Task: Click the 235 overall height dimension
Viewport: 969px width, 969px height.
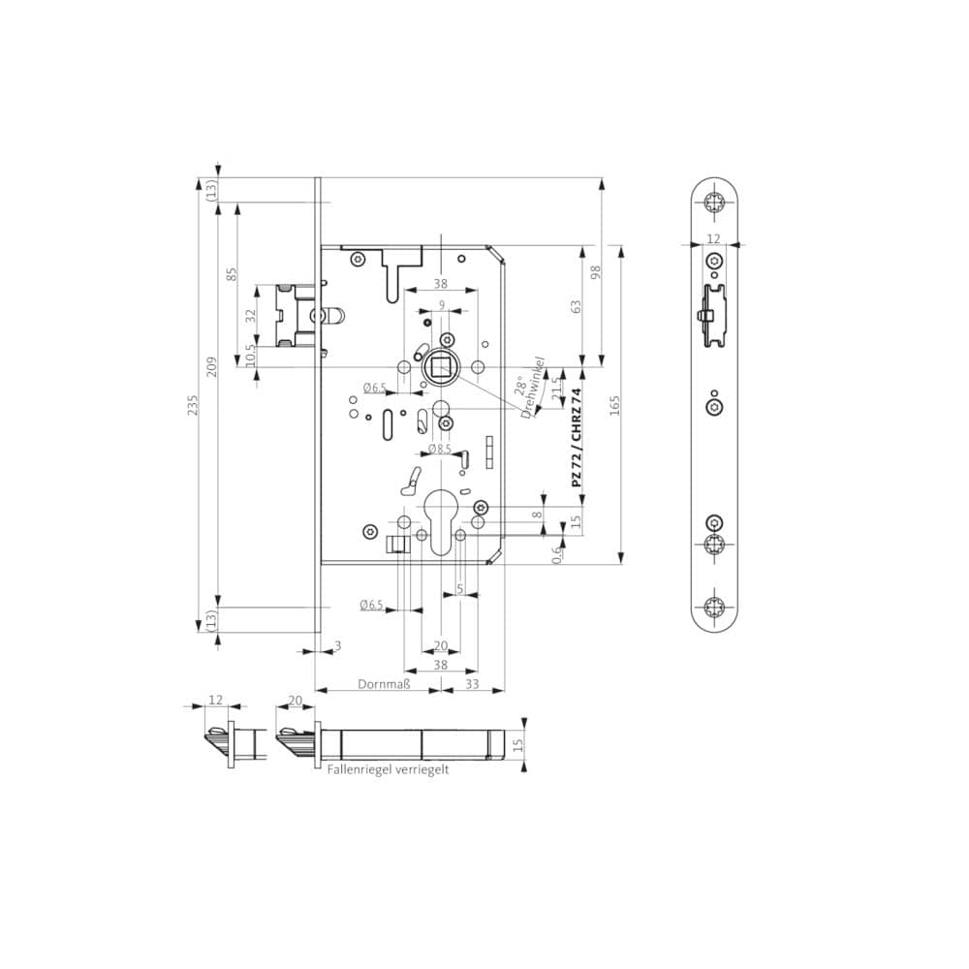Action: point(193,405)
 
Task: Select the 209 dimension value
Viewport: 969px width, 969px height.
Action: point(212,366)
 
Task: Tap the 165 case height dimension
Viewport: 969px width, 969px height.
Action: point(614,405)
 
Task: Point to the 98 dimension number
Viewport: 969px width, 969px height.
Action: point(596,272)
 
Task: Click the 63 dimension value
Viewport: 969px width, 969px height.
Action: point(576,307)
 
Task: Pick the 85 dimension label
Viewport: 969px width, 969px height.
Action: point(232,274)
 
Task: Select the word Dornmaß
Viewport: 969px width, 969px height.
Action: point(384,684)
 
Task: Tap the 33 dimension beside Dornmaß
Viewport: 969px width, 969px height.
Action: point(472,684)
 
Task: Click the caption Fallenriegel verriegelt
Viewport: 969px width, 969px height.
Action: point(389,769)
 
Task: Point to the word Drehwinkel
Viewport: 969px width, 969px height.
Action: point(533,388)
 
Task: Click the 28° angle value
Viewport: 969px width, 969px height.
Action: point(521,385)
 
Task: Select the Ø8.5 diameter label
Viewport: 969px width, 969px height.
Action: point(440,449)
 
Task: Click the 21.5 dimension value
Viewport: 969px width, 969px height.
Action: point(556,390)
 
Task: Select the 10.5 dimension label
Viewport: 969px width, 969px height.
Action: point(250,356)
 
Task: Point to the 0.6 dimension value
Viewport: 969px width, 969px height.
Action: point(556,554)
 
